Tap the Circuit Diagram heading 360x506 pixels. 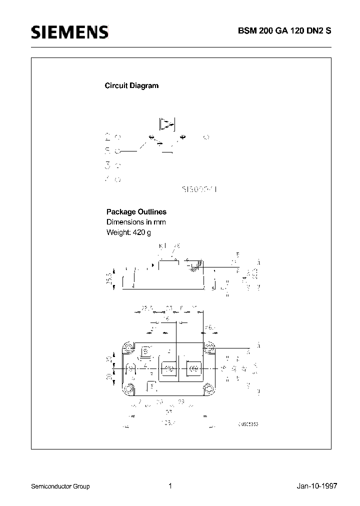(131, 85)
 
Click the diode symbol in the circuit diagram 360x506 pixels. (166, 123)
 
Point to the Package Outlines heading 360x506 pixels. (136, 212)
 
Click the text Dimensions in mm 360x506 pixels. (136, 222)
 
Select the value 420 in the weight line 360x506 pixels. (138, 232)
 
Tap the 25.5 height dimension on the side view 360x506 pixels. (109, 278)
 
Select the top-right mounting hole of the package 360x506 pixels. (208, 346)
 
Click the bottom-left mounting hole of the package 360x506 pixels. (129, 388)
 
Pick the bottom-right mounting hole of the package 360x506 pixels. (208, 388)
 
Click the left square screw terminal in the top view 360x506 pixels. (169, 369)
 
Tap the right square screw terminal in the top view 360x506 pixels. (192, 369)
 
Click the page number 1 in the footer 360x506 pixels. (170, 485)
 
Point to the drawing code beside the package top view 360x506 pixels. (248, 424)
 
